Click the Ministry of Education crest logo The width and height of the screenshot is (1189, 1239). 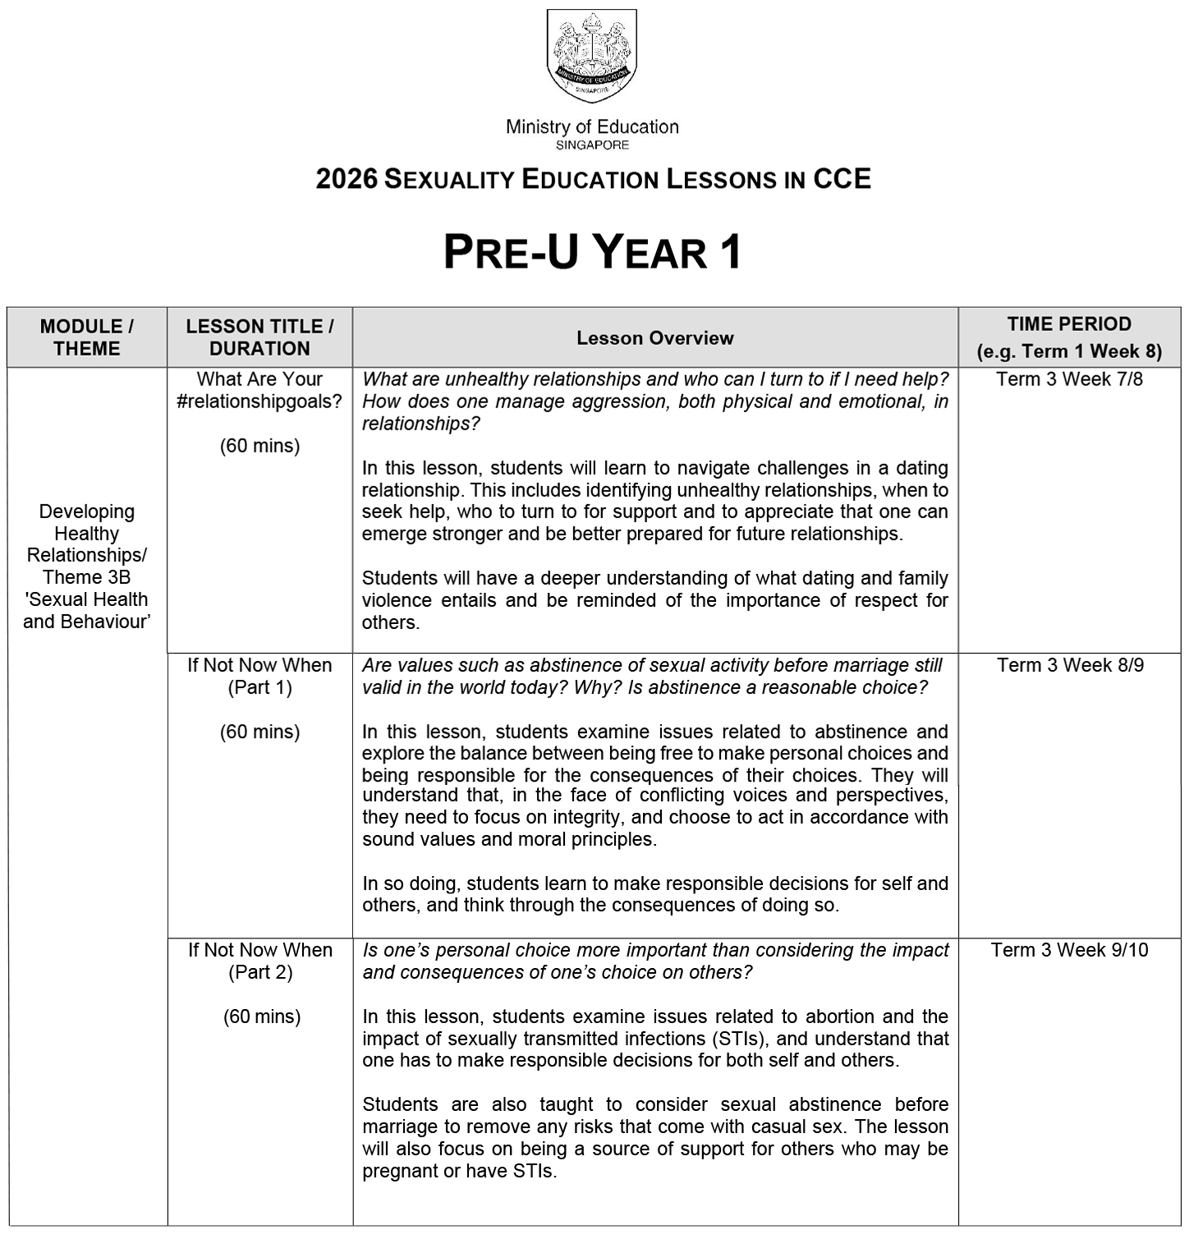click(592, 56)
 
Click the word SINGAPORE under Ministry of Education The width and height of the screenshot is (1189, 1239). click(592, 145)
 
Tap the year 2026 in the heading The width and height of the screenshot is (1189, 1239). click(347, 179)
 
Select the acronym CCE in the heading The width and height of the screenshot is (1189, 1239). click(842, 179)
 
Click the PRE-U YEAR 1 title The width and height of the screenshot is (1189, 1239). click(592, 251)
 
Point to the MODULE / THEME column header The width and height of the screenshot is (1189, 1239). click(87, 337)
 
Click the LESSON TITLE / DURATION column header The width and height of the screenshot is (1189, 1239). click(259, 337)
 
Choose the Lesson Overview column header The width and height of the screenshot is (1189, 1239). click(654, 338)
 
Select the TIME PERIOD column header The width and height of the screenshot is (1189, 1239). click(1069, 337)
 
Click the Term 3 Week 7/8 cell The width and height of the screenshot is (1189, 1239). click(1069, 379)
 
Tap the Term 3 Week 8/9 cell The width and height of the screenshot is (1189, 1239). click(1070, 665)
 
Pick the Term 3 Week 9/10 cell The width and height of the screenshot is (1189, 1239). click(1069, 950)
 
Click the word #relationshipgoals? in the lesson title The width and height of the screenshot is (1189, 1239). click(259, 402)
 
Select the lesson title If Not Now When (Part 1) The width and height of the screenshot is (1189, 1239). click(259, 676)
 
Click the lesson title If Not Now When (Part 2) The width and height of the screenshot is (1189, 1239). click(260, 961)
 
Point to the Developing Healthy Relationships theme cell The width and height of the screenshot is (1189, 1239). click(87, 566)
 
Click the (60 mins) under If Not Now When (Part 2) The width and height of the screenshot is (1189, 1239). click(262, 1016)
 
